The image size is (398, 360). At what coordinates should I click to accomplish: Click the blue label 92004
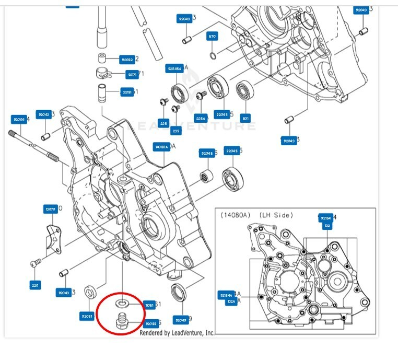[x=19, y=120]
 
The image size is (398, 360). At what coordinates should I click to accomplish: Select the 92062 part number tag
[x=127, y=60]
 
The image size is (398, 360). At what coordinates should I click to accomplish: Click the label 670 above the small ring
[x=212, y=37]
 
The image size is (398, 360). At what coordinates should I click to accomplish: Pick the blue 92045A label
[x=174, y=69]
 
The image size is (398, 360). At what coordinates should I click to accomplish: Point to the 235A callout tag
[x=201, y=118]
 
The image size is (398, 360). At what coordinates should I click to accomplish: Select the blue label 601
[x=246, y=118]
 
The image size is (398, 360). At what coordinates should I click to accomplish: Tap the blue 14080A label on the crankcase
[x=161, y=147]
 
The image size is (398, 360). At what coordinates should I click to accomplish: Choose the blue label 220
[x=36, y=285]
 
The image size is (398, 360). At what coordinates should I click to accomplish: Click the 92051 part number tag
[x=87, y=316]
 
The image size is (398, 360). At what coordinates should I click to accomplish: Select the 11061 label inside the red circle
[x=149, y=305]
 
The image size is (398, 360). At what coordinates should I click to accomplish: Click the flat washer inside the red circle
[x=122, y=303]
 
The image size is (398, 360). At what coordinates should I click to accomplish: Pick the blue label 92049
[x=181, y=320]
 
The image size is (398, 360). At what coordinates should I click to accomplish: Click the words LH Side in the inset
[x=275, y=215]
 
